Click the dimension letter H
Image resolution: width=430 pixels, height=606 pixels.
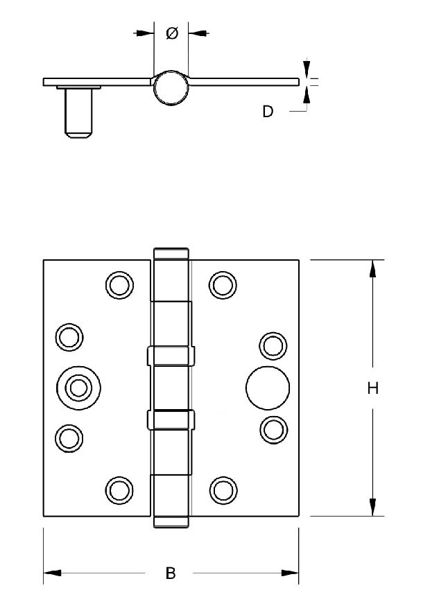(372, 388)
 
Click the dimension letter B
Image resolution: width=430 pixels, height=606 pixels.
(171, 573)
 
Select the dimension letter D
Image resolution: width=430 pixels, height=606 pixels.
(268, 112)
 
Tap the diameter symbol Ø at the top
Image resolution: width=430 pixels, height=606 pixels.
(172, 33)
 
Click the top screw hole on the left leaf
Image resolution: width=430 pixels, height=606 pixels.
(119, 285)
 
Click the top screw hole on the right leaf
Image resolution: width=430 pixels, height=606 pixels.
(223, 285)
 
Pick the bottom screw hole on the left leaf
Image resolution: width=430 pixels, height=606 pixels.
(119, 490)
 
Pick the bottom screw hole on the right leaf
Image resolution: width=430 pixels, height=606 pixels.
(223, 490)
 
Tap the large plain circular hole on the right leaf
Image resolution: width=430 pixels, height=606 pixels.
(268, 388)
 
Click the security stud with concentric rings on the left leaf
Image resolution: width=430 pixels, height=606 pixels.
(79, 388)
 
